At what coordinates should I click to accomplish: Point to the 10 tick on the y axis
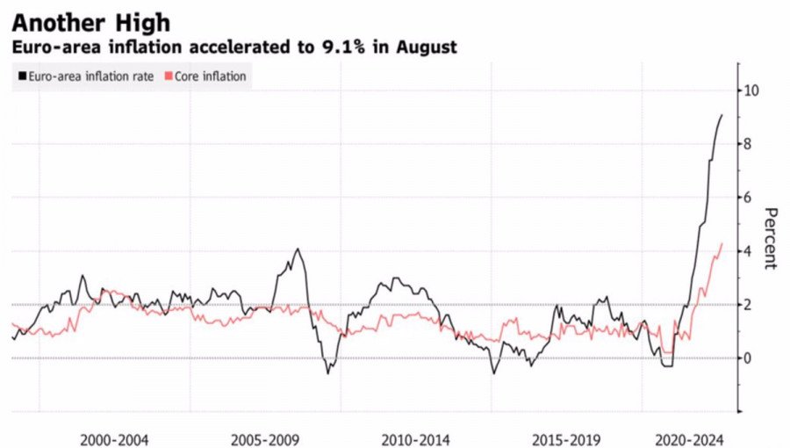751,90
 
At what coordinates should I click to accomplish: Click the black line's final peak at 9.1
722,115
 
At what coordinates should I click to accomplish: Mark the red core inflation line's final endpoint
722,243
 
